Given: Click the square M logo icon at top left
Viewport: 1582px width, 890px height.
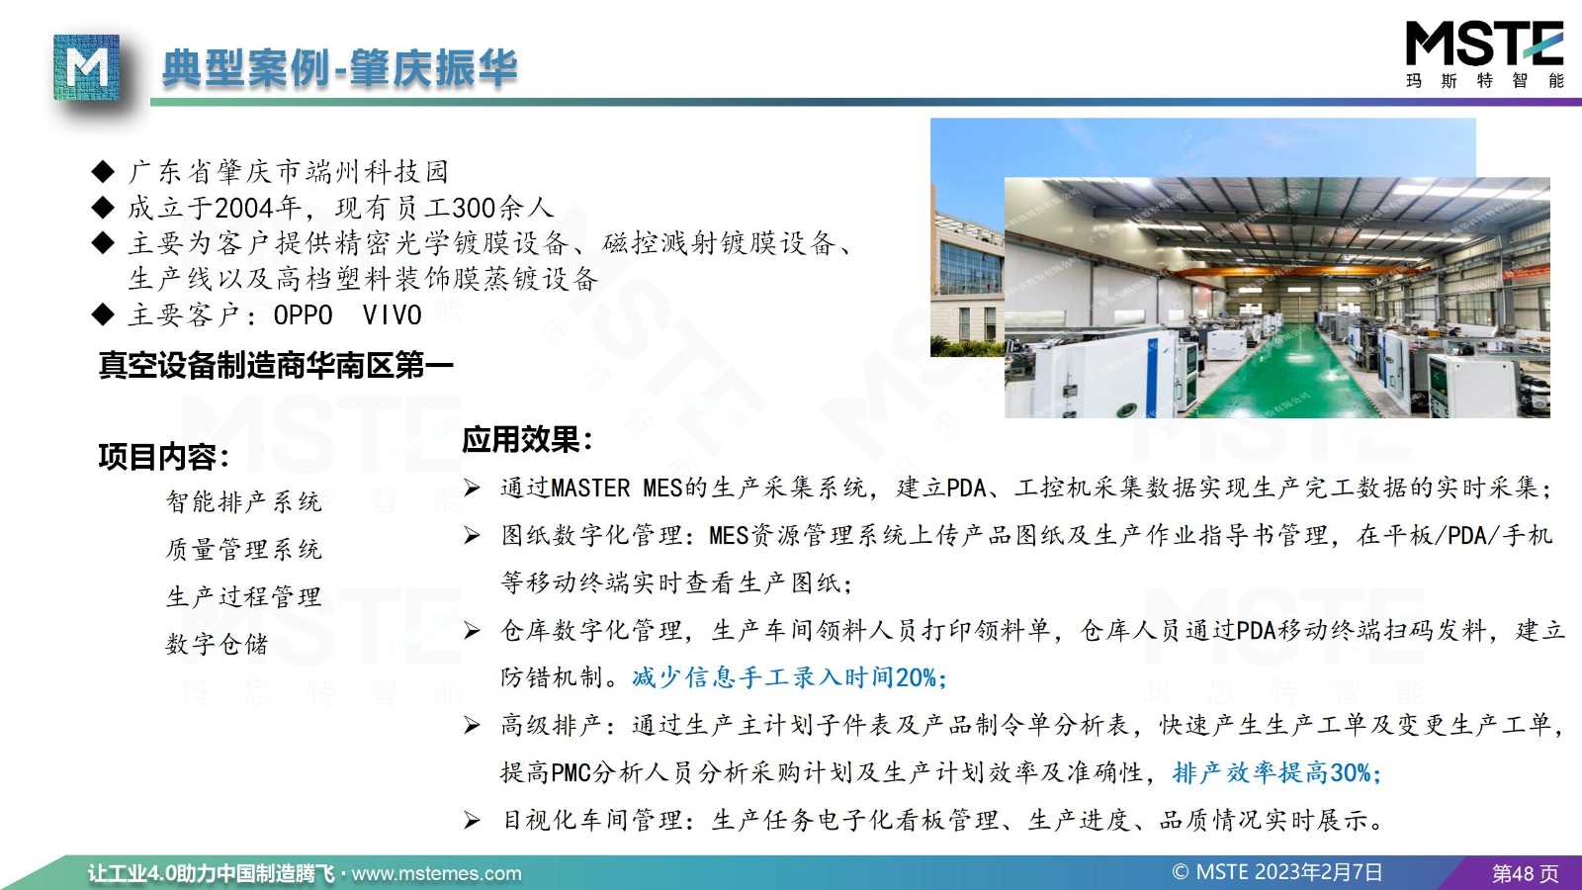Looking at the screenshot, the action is coord(86,67).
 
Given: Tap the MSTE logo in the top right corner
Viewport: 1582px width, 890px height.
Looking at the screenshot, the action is coord(1484,55).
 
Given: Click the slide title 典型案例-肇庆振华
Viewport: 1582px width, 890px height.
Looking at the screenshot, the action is coord(340,68).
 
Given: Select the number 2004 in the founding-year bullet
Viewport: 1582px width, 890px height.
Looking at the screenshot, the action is coord(243,208).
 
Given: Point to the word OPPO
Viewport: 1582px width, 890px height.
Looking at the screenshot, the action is coord(303,315).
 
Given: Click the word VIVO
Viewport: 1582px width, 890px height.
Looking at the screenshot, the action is coord(392,315).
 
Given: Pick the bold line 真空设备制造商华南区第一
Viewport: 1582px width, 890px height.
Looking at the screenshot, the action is coord(276,365).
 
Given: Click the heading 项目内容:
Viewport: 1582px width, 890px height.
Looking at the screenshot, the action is coord(164,456).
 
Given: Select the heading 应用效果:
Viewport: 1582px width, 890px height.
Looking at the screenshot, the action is coord(527,439).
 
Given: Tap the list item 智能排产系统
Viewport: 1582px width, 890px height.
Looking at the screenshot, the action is coord(243,501).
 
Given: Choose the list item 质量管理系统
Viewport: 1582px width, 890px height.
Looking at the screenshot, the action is coord(243,549).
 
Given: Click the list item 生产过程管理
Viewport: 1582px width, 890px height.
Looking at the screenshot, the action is coord(243,597).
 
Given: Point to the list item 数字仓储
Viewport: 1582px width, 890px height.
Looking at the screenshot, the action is coord(217,644).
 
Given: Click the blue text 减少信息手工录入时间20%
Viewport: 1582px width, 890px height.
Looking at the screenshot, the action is coord(789,677).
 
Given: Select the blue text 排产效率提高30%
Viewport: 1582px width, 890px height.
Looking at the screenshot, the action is coord(1276,772).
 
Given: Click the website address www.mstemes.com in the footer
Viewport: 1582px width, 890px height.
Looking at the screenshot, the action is coord(436,874).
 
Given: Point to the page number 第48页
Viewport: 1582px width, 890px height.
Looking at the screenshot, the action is coord(1525,874).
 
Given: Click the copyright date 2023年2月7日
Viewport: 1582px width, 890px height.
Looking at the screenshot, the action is coord(1318,872).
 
